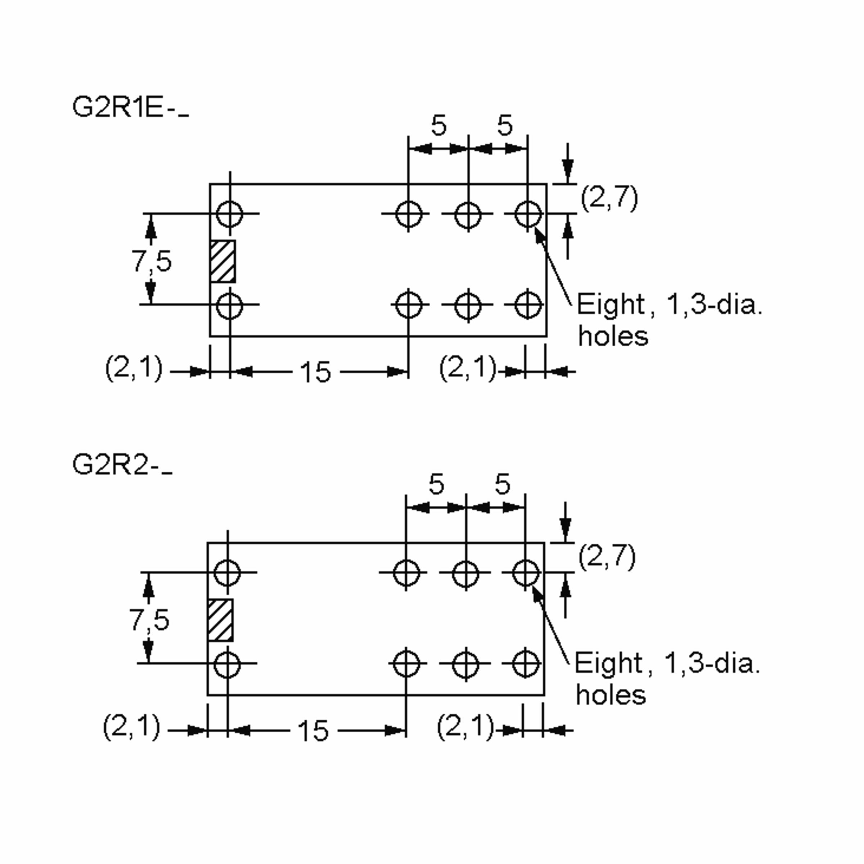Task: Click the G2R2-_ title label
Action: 122,465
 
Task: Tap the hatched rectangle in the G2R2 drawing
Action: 220,620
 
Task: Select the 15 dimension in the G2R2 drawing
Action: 313,731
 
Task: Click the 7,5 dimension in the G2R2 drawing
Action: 149,620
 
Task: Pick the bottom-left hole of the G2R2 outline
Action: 227,665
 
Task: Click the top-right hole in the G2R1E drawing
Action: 528,214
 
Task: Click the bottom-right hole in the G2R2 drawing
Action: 525,664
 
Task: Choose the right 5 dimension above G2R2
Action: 502,484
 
